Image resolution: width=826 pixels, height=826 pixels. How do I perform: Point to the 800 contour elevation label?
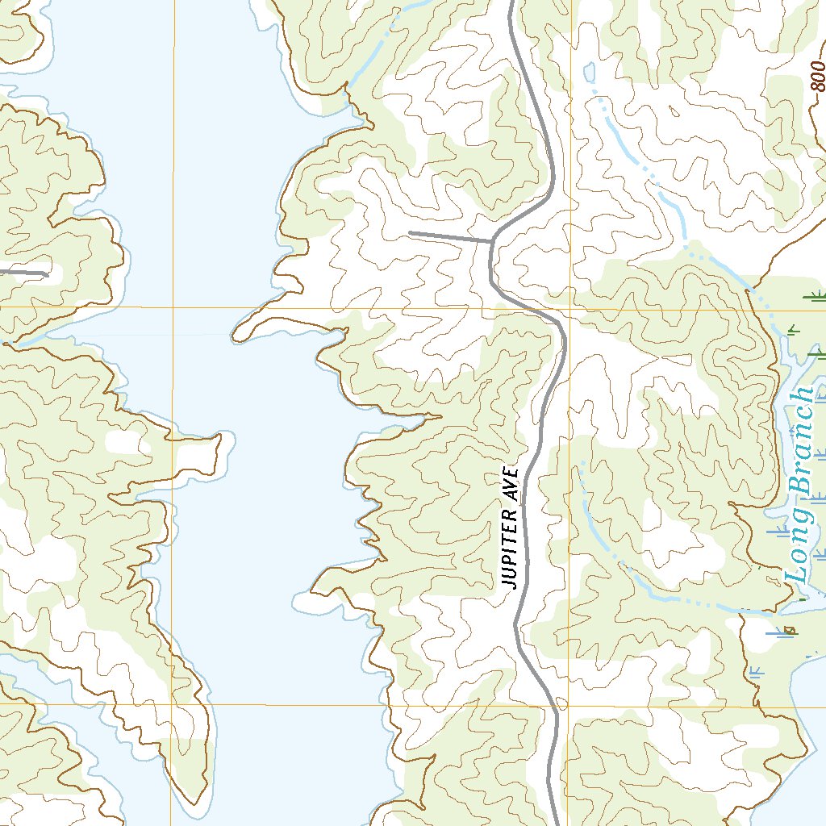coord(817,77)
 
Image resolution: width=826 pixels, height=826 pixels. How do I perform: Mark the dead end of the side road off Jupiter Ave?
coord(411,233)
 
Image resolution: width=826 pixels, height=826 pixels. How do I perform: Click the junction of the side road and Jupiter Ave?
coord(492,240)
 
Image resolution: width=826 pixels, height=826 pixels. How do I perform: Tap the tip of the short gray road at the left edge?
coord(46,274)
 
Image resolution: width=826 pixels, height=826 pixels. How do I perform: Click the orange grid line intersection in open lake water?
coord(172,308)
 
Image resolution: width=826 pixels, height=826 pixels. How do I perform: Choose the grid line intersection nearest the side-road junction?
coord(570,308)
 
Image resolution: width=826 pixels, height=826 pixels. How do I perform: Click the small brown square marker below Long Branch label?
coord(791,629)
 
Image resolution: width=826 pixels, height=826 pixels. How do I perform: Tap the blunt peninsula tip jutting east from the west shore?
coord(218,440)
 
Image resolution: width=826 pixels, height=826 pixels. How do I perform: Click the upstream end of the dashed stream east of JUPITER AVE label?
coord(578,465)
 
